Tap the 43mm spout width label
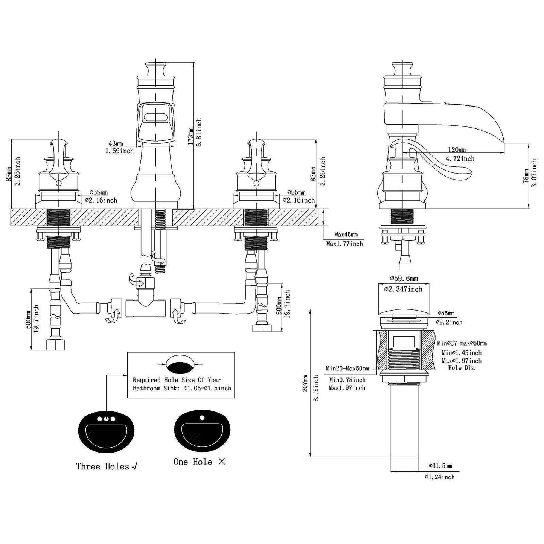click(x=116, y=143)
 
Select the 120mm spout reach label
click(x=456, y=150)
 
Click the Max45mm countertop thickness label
click(x=346, y=235)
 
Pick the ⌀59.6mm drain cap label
click(x=404, y=279)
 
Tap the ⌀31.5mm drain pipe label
click(x=441, y=466)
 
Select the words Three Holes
click(x=102, y=466)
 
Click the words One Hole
click(x=193, y=462)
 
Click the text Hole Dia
click(x=461, y=368)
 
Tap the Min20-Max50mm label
click(x=347, y=369)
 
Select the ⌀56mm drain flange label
click(x=446, y=313)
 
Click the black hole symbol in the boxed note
click(x=181, y=365)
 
